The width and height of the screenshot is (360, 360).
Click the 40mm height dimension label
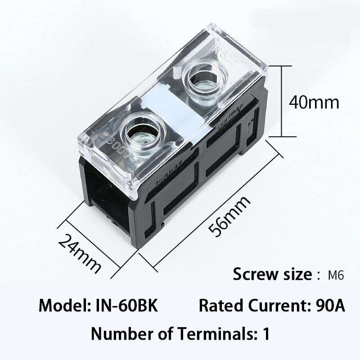314,103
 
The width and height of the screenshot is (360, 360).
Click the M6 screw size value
337,275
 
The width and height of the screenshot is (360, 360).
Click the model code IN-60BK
126,306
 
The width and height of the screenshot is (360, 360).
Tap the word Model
65,306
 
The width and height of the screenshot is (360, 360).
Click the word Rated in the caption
219,306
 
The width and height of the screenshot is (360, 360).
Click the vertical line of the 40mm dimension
282,101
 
